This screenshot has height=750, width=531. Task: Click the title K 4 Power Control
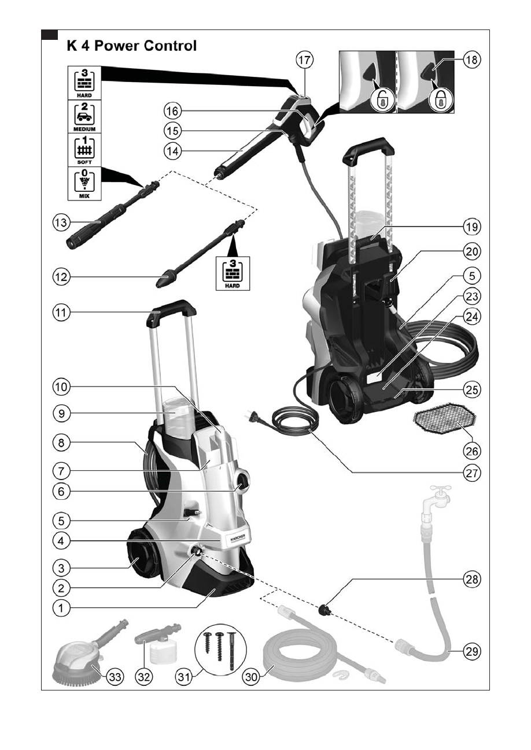(x=131, y=44)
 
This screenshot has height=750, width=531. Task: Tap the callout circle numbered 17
(x=305, y=60)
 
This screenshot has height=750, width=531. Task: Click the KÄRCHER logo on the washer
(x=238, y=539)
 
